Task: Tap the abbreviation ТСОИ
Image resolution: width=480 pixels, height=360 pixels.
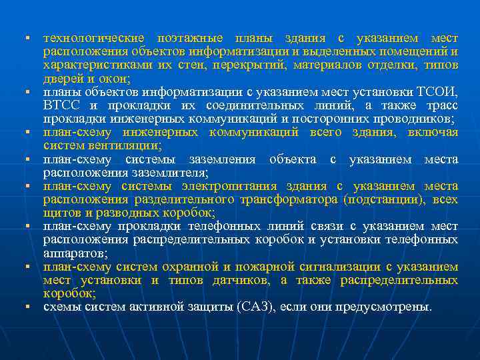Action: (x=437, y=91)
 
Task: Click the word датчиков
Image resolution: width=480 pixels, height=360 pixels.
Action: (x=236, y=280)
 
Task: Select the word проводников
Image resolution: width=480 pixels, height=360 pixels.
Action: (x=411, y=119)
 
